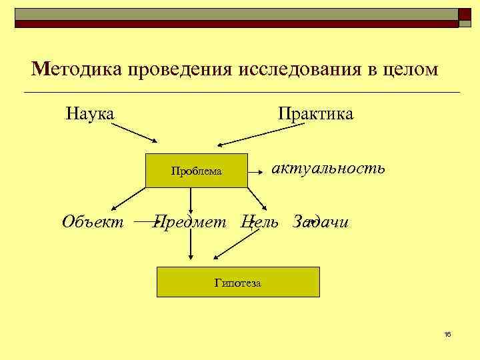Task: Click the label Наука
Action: (x=90, y=113)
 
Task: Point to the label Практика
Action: (x=315, y=113)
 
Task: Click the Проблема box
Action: (x=196, y=171)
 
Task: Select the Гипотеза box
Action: (x=238, y=283)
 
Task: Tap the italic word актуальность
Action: (x=327, y=167)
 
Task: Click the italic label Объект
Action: (x=93, y=222)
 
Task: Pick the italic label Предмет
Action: (x=189, y=222)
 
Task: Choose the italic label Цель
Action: (x=260, y=222)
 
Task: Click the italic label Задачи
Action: (x=321, y=222)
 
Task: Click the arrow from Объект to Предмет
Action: (x=144, y=218)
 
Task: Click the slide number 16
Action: (x=447, y=334)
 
